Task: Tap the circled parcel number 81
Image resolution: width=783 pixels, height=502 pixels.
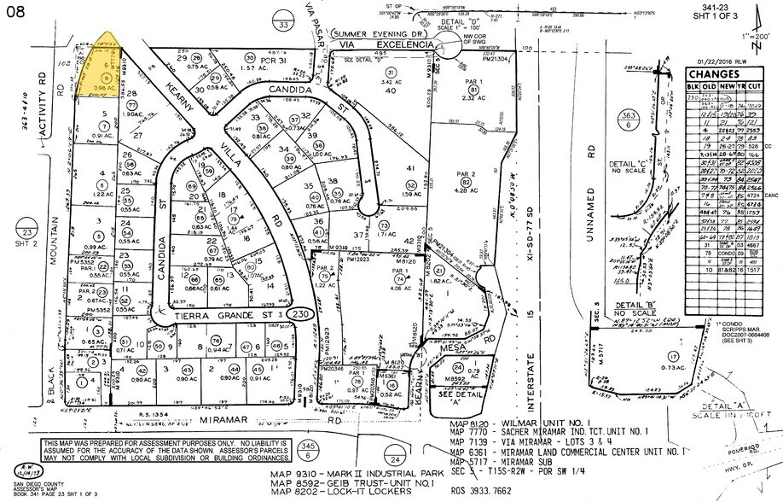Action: point(473,90)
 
